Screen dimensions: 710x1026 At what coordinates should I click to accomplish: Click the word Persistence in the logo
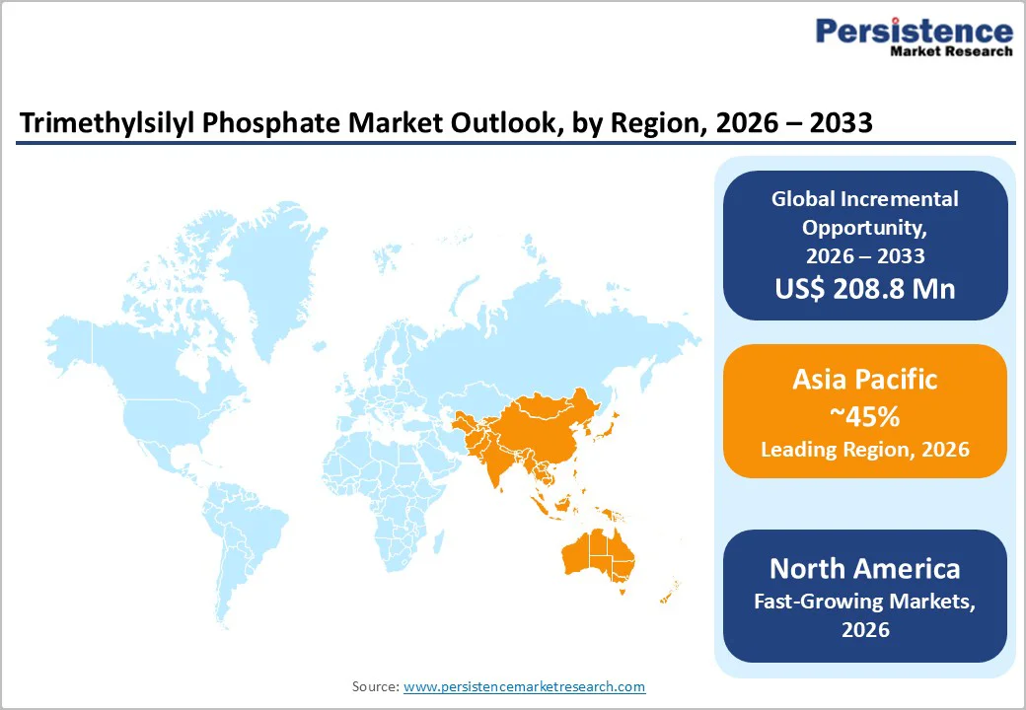click(x=913, y=32)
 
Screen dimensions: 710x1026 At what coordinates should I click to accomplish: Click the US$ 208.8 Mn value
click(x=865, y=289)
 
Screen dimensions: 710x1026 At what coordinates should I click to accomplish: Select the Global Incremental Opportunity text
click(x=865, y=212)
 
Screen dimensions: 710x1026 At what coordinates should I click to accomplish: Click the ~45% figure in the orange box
click(x=865, y=416)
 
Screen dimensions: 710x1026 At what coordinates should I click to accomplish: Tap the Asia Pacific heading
click(x=865, y=380)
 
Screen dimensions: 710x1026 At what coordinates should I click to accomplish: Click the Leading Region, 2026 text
click(x=865, y=450)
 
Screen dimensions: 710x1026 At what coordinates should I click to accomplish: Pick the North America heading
click(x=865, y=568)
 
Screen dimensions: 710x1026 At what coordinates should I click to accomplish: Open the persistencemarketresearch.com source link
click(x=524, y=686)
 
